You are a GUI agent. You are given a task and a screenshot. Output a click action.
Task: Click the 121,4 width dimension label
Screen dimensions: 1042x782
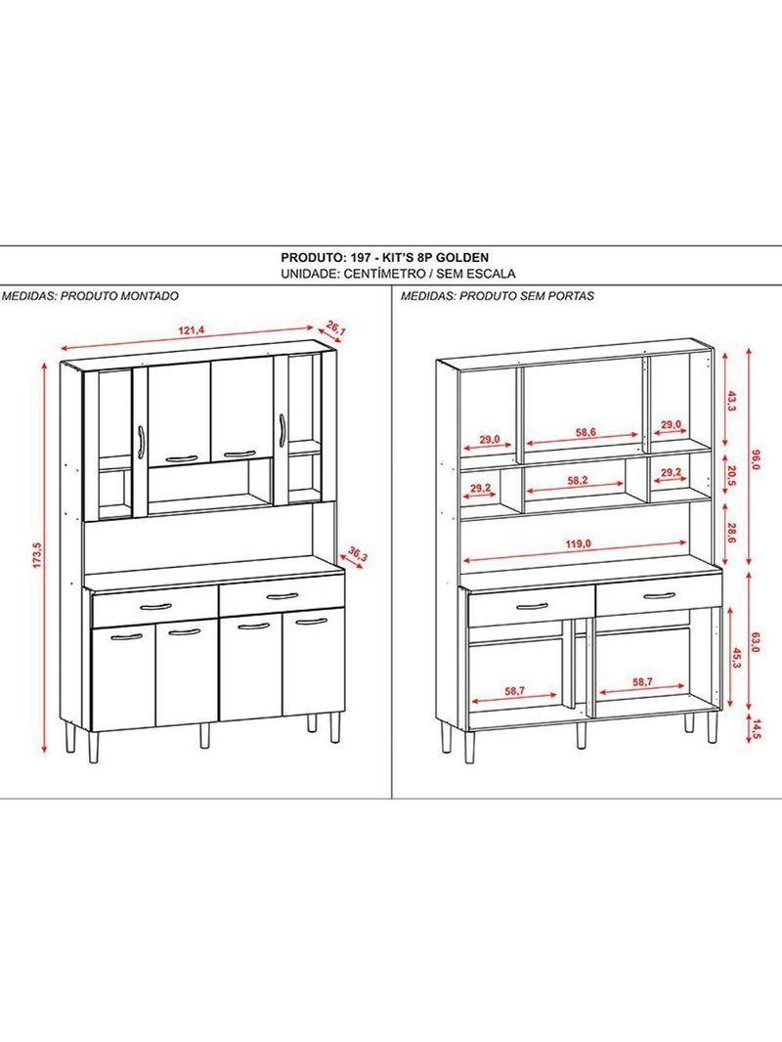coord(191,329)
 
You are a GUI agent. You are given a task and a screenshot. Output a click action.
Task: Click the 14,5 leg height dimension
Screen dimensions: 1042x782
coord(755,729)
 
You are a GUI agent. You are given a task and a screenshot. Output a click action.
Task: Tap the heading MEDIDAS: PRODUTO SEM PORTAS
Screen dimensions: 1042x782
coord(498,294)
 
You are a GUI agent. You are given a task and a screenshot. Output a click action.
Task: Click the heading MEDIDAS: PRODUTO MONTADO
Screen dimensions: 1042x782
coord(90,294)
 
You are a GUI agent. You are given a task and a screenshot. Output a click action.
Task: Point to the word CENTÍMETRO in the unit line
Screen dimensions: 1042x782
coord(387,275)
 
